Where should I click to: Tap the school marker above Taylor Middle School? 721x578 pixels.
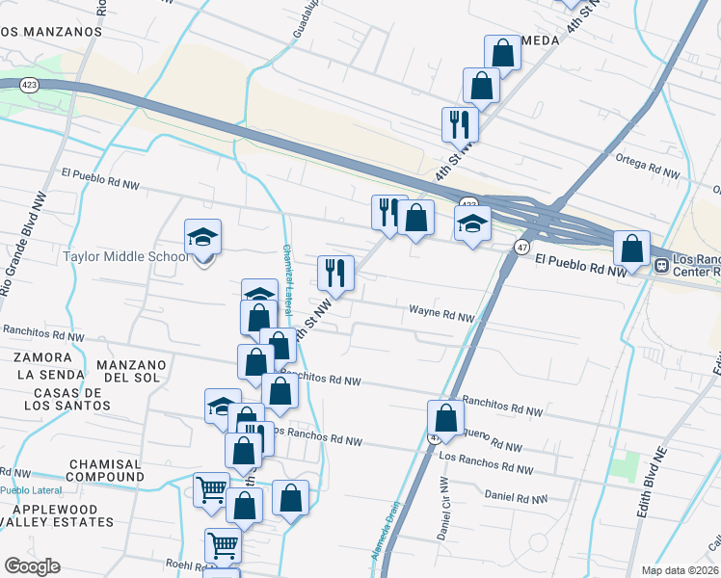[203, 237]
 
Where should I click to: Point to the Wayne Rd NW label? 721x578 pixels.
[441, 313]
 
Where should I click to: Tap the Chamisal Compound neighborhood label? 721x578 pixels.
[106, 470]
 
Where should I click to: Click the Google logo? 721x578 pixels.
[32, 565]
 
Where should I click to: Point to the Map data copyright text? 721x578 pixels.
[679, 570]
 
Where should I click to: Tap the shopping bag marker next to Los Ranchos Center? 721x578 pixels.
[631, 250]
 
